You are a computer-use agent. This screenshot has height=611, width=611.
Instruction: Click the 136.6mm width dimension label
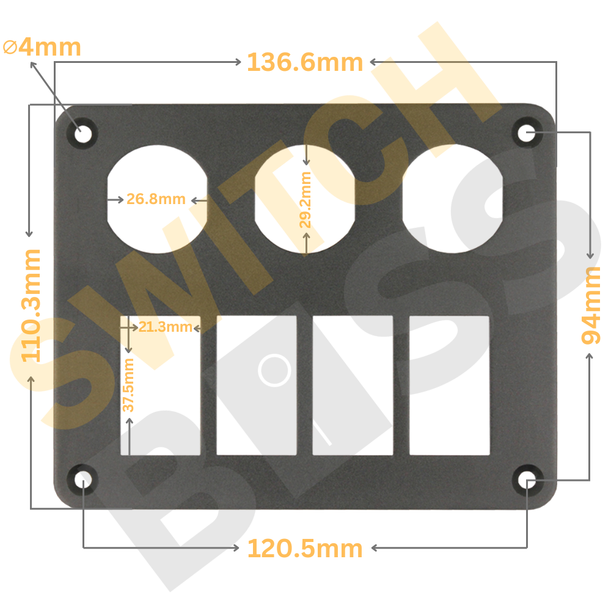(305, 62)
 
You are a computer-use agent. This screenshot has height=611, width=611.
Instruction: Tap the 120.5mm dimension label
(305, 549)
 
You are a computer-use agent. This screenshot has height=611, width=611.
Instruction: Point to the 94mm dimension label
(591, 305)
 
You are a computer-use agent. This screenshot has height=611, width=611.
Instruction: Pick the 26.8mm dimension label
(156, 199)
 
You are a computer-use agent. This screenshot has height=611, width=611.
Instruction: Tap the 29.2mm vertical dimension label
(305, 200)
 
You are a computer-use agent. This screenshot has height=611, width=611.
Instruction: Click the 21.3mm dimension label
(165, 327)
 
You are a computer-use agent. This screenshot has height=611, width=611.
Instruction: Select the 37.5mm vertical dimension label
(128, 385)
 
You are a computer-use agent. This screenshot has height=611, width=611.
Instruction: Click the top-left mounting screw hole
(82, 132)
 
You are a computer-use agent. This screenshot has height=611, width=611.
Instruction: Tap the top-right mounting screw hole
(527, 133)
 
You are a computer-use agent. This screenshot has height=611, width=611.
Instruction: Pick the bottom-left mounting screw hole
(83, 479)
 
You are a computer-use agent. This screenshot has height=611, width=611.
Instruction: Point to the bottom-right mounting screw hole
(527, 480)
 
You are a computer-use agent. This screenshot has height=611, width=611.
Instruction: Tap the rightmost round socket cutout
(452, 199)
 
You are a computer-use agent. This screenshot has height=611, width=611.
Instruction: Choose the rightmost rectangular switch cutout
(449, 385)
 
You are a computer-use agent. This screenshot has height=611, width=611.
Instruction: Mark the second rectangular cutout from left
(257, 385)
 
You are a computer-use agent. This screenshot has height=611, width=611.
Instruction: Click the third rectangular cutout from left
(353, 385)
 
